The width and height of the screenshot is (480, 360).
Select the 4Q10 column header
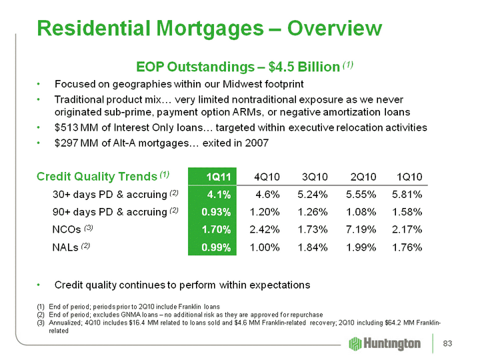(x=266, y=177)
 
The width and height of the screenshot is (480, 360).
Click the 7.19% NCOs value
(x=361, y=230)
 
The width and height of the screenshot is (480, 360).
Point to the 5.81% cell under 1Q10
(x=408, y=195)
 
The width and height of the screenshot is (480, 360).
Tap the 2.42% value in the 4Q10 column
(x=265, y=230)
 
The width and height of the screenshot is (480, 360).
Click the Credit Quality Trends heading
(x=97, y=176)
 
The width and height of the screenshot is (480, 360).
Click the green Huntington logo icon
(x=355, y=343)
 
